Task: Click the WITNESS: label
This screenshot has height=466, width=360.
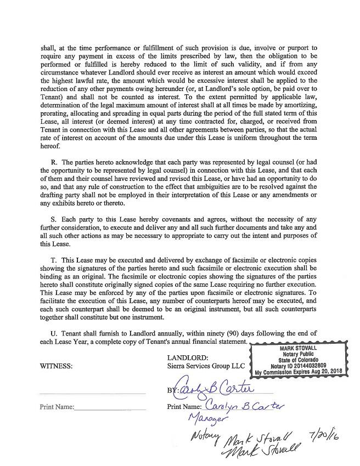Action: pyautogui.click(x=56, y=367)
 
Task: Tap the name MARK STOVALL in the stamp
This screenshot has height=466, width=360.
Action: pyautogui.click(x=298, y=348)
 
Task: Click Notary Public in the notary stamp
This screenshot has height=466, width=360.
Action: pyautogui.click(x=298, y=354)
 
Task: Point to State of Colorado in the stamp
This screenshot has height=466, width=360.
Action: pyautogui.click(x=298, y=360)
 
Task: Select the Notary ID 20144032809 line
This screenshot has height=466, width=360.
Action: pyautogui.click(x=298, y=366)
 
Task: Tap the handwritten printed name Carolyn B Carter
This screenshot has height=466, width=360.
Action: pyautogui.click(x=239, y=406)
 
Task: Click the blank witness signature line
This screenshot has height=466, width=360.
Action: pyautogui.click(x=92, y=393)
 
